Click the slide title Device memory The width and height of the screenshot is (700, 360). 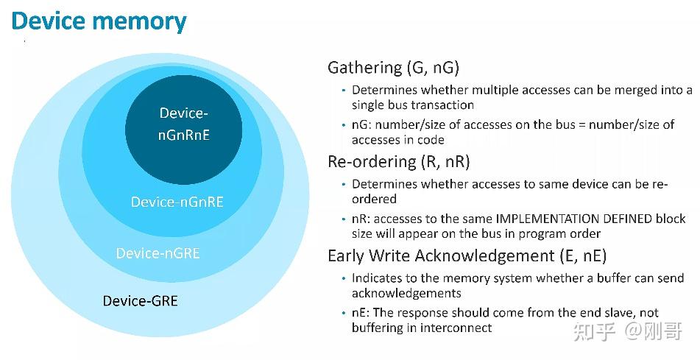99,21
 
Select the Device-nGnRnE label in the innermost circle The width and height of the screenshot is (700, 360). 184,124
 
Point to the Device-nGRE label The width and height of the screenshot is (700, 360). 158,253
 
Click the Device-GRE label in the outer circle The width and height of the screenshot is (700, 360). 140,300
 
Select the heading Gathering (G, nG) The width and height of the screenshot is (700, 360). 393,68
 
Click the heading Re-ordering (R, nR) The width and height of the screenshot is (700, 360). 398,161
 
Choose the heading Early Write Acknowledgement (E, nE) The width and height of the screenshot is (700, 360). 467,256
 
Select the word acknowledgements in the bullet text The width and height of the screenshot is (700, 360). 406,293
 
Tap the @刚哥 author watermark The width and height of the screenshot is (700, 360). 654,332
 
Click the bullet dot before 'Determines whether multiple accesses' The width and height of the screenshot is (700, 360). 343,91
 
